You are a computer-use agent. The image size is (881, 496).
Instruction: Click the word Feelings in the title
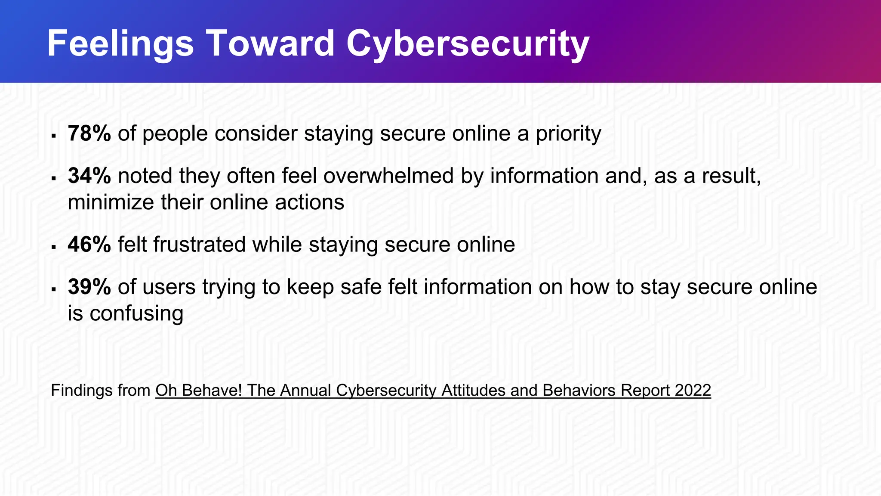(120, 44)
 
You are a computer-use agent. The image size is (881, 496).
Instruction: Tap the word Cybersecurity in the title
(468, 44)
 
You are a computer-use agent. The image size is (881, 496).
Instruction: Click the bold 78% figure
(89, 133)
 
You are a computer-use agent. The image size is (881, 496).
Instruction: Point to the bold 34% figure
(89, 176)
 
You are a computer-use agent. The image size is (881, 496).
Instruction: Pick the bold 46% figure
(89, 245)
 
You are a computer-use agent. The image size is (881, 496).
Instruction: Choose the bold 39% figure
(89, 287)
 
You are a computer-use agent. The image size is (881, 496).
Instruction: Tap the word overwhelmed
(388, 176)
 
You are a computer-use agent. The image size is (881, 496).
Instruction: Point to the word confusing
(136, 314)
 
